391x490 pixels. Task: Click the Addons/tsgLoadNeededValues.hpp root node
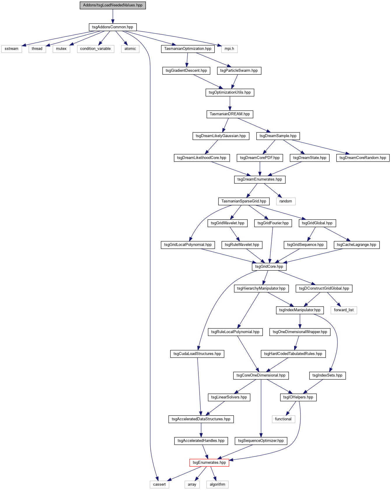[113, 5]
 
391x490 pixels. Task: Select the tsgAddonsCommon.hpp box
[113, 27]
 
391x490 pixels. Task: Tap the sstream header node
[11, 49]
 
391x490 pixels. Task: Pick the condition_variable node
[95, 49]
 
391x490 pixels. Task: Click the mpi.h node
[229, 49]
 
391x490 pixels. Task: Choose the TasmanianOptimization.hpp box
[188, 49]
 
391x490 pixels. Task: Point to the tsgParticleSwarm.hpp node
[239, 71]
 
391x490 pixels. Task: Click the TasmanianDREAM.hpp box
[230, 114]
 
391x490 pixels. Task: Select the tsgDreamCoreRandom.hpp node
[363, 158]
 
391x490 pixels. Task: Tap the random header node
[286, 201]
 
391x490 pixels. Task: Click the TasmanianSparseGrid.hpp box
[244, 201]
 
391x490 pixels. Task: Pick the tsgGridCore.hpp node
[269, 267]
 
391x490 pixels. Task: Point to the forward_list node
[344, 310]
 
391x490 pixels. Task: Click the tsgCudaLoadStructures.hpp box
[197, 354]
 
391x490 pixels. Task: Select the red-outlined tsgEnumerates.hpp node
[209, 463]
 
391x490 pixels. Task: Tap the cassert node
[159, 484]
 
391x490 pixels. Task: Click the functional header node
[283, 419]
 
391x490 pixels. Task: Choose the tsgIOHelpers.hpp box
[298, 397]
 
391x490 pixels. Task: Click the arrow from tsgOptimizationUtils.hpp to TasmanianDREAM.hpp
[230, 103]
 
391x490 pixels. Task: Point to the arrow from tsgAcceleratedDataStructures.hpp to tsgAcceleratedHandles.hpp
[201, 430]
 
